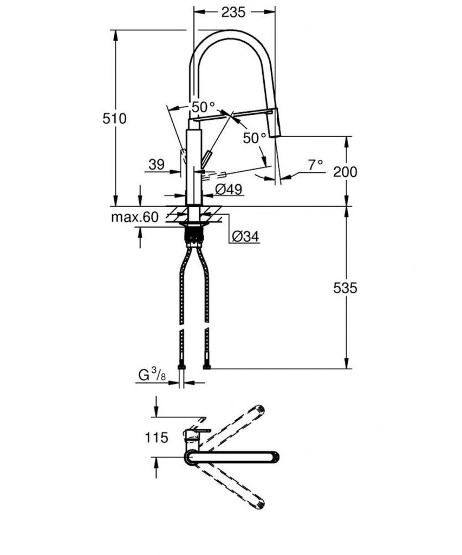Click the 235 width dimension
[x=234, y=12]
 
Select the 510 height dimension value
[x=114, y=118]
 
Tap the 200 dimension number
[x=345, y=172]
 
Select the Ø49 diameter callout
[x=228, y=189]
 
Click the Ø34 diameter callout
[x=245, y=236]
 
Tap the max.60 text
[x=135, y=217]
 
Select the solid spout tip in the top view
[x=274, y=457]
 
